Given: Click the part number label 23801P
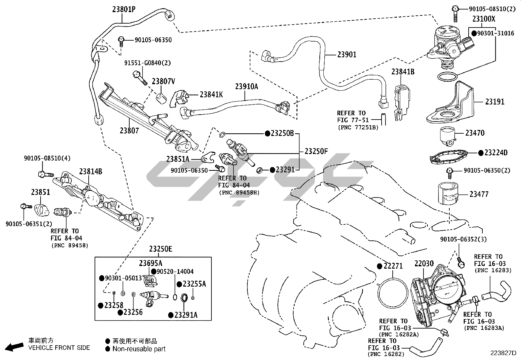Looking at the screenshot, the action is coord(124,9).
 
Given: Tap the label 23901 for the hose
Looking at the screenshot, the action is coord(347,54).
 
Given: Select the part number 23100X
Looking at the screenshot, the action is coord(484,19).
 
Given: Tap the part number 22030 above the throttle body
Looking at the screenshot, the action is coord(424,264).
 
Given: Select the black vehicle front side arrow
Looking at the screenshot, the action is coord(14,347).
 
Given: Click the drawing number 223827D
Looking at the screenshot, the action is coord(503,353).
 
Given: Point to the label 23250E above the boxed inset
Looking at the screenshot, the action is coord(160,249).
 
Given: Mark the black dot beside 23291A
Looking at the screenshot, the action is coord(171,315).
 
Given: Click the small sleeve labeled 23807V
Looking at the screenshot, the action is coord(161,99).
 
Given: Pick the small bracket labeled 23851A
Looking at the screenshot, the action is coord(208,157).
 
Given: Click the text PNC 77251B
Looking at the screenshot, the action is coord(358,128).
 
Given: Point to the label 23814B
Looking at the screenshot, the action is coord(90,172).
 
